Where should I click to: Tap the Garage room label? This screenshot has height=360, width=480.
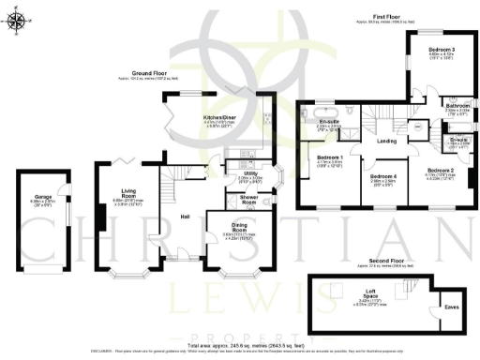pos(37,199)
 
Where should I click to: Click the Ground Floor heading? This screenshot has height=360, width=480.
pos(148,72)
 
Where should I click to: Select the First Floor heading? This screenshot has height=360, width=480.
pos(382,17)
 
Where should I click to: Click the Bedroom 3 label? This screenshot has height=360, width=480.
pos(442,49)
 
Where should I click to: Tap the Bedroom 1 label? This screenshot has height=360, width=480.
pos(329,157)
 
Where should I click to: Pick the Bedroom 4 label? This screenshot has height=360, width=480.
pos(382,177)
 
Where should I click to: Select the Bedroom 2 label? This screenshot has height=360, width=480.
pos(440,170)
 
